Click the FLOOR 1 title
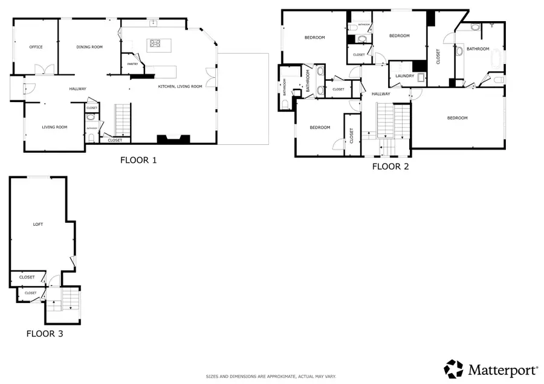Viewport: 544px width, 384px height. point(138,161)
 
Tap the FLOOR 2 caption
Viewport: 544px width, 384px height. point(390,167)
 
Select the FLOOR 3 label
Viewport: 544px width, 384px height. point(45,333)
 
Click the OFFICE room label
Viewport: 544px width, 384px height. point(36,47)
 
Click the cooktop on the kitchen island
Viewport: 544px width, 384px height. point(155,43)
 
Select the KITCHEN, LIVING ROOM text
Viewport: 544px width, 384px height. point(180,86)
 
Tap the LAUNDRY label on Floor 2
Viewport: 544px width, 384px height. point(404,76)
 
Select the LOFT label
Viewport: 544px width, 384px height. point(38,224)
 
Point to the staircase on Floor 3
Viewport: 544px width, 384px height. point(71,299)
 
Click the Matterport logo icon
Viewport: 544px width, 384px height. point(454,368)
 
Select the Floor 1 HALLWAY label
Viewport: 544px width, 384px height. point(77,89)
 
